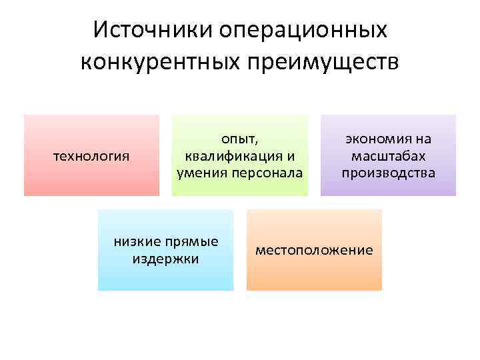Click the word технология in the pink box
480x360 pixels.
click(91, 156)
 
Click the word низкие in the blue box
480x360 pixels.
click(139, 241)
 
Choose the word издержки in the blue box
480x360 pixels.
click(165, 258)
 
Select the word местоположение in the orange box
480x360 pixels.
click(314, 250)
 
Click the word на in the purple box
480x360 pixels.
click(423, 139)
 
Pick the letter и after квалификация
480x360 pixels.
click(289, 156)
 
